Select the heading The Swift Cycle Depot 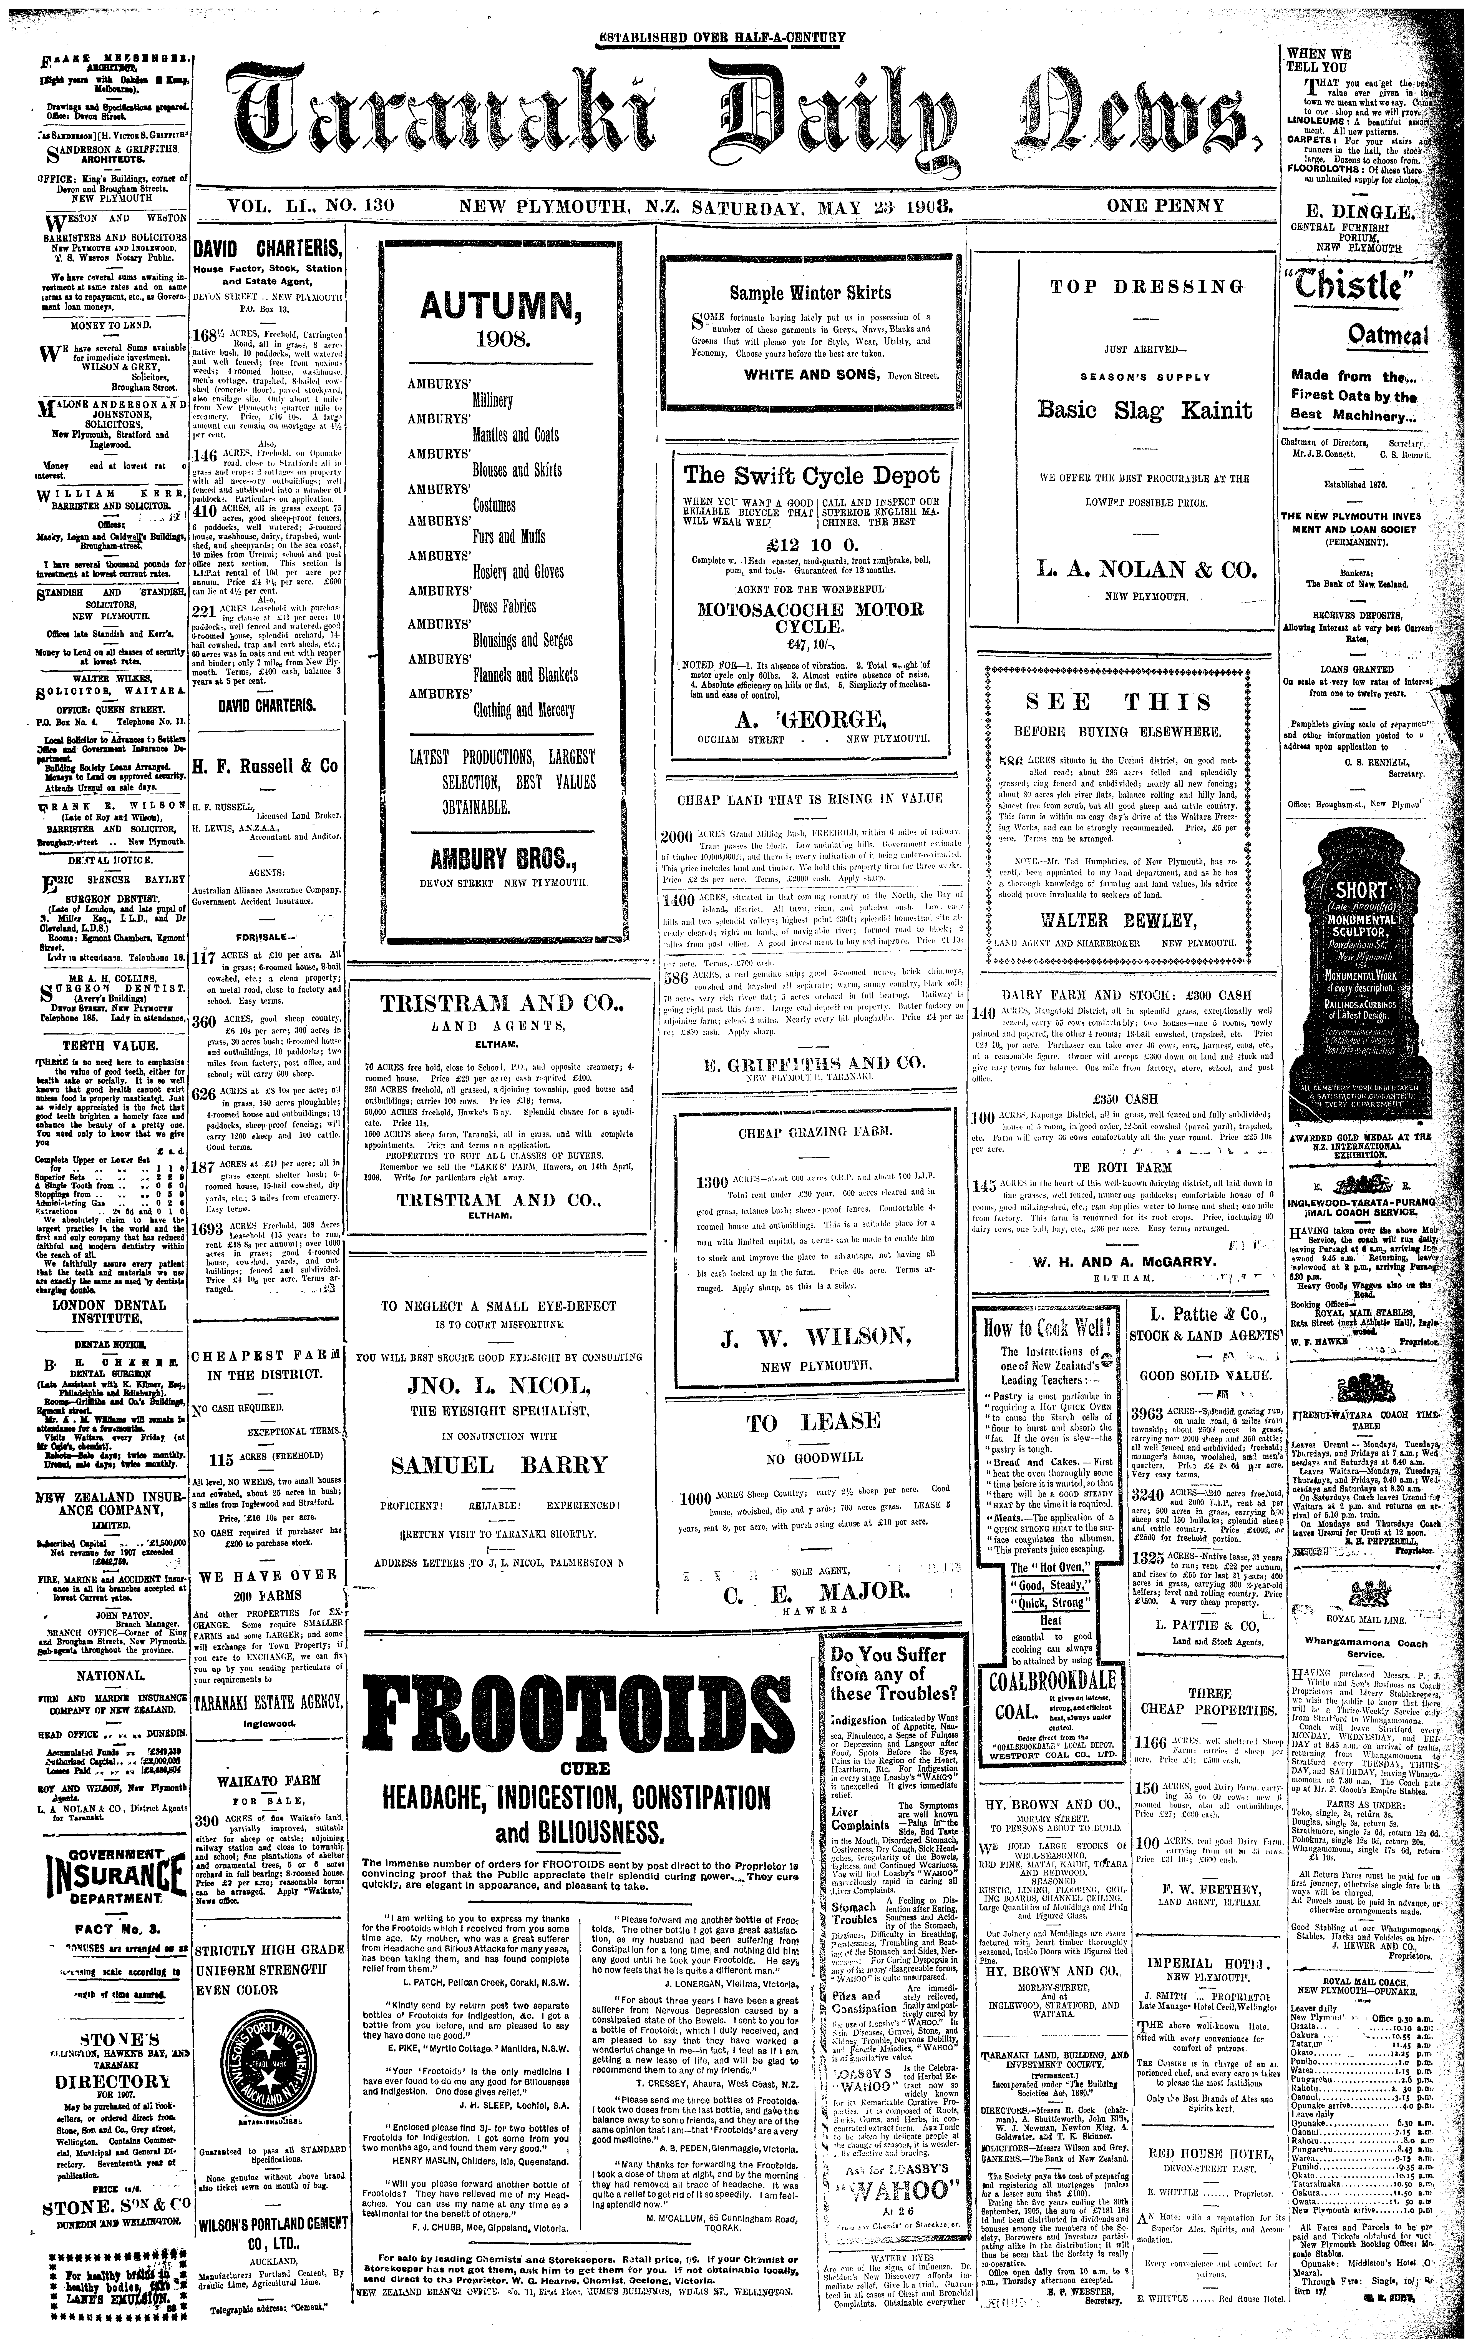(x=810, y=475)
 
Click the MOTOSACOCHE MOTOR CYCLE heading (x=810, y=618)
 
